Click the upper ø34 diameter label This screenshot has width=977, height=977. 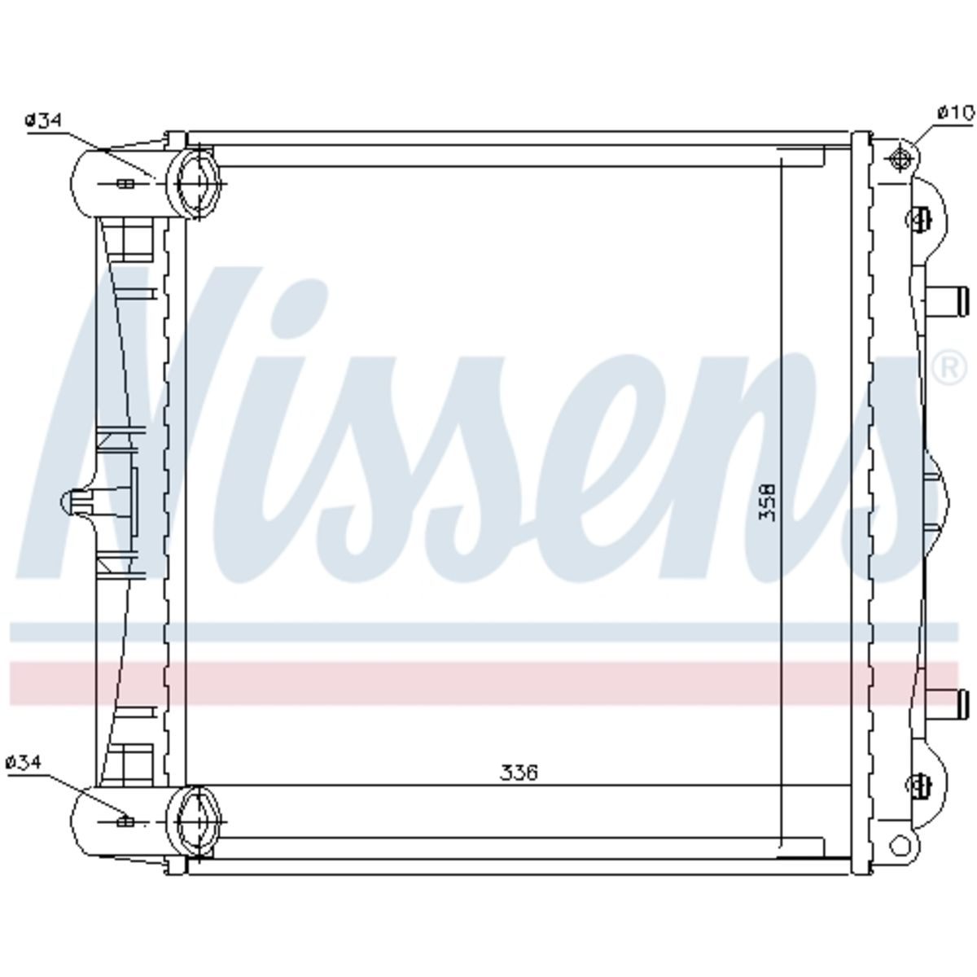[43, 120]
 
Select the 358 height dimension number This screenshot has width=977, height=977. [767, 502]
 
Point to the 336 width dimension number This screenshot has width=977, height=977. [518, 786]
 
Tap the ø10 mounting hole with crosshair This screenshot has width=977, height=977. [900, 158]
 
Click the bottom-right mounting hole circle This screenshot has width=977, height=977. [900, 846]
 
